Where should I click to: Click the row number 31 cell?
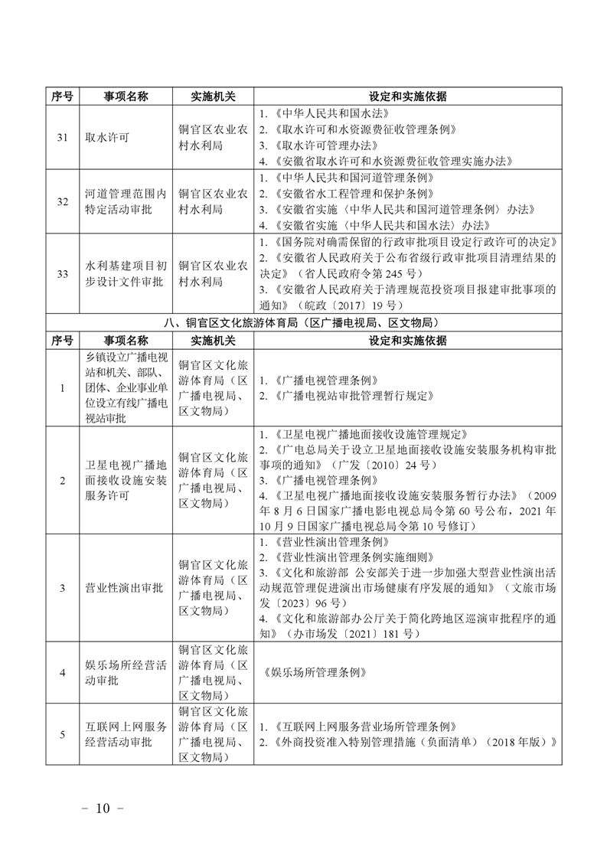pos(62,138)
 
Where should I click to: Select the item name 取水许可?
pos(107,138)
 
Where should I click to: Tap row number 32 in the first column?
pos(62,201)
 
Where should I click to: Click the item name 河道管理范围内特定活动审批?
pos(126,201)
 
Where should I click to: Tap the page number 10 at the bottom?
pos(103,808)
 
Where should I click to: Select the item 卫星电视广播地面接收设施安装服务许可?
pos(126,480)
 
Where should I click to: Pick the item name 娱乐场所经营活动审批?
pos(126,672)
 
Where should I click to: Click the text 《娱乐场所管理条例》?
pos(315,672)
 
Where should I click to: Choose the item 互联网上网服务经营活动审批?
pos(126,733)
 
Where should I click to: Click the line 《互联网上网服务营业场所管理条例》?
pos(358,726)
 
